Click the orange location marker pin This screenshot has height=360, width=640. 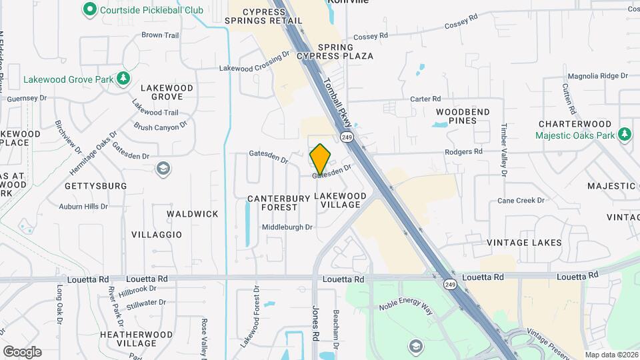tap(321, 159)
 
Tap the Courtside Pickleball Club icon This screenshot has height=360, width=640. tap(89, 9)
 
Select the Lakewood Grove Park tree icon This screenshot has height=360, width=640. tap(123, 79)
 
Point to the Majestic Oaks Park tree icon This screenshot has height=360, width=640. tap(625, 135)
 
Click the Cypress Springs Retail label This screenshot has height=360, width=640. tap(263, 17)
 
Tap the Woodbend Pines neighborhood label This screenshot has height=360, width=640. tap(463, 116)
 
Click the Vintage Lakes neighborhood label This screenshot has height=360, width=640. tap(524, 243)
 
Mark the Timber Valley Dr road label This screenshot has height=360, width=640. tap(504, 150)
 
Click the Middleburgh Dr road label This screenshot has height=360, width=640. tap(287, 227)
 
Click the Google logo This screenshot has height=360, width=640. tap(22, 352)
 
